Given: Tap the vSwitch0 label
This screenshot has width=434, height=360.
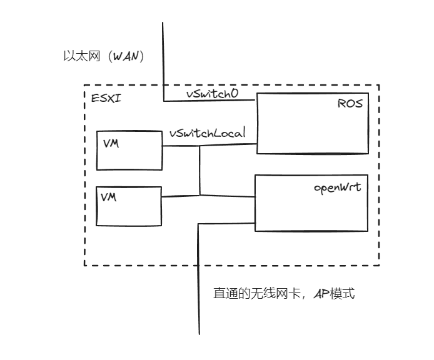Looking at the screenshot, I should pos(212,93).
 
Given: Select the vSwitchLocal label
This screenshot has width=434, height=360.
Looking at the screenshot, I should pos(206,133).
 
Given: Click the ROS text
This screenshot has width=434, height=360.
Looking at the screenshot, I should pos(350,103).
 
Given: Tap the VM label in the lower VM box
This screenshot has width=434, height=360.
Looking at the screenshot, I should pos(109,197).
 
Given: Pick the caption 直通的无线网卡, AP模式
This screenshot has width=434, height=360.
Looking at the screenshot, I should pos(284,293).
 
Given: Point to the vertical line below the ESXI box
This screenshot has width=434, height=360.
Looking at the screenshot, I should pos(199,300).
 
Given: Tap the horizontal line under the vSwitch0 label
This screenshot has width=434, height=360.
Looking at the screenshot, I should pos(209,101).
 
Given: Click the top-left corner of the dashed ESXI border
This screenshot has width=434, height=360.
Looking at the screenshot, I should pos(84,86).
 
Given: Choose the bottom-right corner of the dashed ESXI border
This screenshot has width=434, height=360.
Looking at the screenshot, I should pos(379,266).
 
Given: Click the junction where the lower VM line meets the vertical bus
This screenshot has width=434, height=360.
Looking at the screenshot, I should pos(199,196).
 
